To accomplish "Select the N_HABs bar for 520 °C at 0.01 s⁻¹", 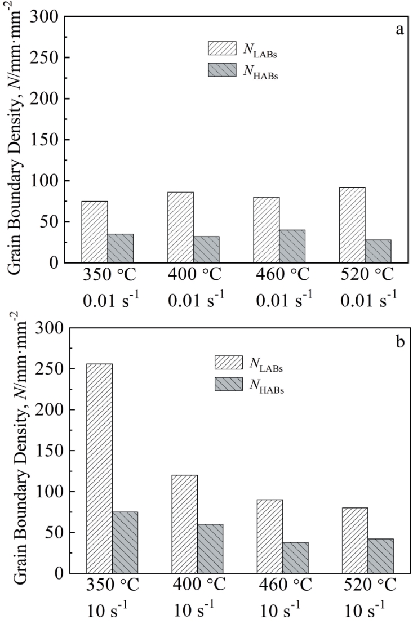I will click(x=378, y=251).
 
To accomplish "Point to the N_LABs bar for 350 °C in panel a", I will click(x=95, y=231).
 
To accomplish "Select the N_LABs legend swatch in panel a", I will click(x=224, y=48).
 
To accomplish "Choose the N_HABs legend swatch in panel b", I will click(x=230, y=385).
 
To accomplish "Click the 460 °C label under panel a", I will click(x=278, y=277).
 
